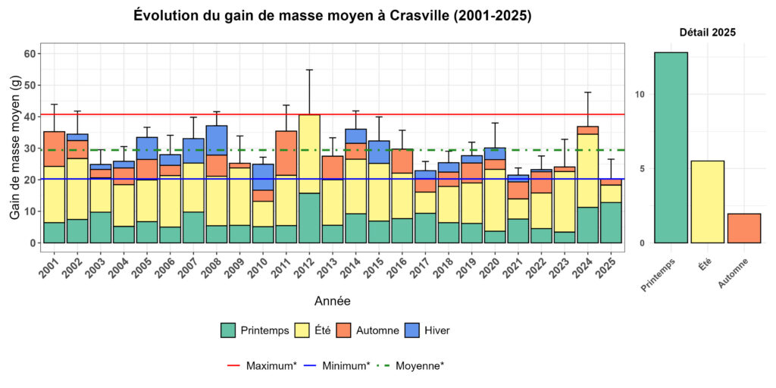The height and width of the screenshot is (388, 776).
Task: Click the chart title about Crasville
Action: (x=332, y=15)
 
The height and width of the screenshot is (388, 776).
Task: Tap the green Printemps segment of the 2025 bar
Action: (x=611, y=222)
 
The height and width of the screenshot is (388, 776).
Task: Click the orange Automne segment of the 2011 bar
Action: (x=286, y=153)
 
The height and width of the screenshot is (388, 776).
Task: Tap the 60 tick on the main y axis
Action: (x=30, y=54)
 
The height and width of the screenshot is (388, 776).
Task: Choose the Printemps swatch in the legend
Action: (x=227, y=330)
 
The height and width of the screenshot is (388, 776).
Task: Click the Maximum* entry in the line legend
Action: (x=262, y=365)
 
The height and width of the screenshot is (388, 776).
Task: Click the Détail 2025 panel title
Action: (x=707, y=33)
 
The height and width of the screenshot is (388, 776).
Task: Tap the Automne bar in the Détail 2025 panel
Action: (x=743, y=228)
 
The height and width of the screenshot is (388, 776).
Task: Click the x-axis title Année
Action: (x=332, y=301)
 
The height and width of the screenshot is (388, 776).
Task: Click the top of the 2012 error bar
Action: (x=309, y=70)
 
